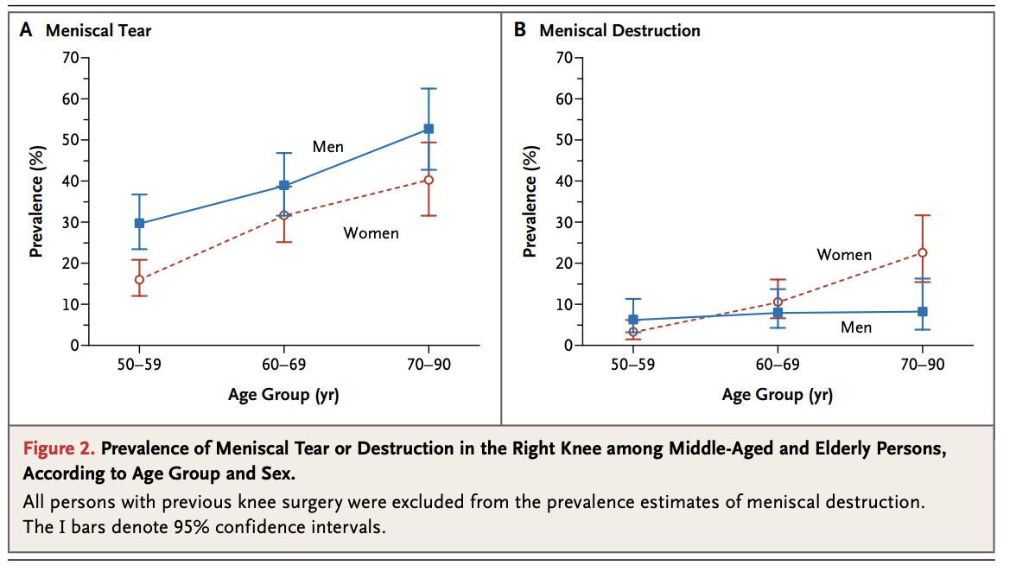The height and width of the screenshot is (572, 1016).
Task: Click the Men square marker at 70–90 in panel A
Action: point(429,129)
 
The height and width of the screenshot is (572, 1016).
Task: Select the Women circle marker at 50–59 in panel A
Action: point(139,279)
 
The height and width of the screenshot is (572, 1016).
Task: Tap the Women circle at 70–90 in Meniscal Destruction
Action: point(923,253)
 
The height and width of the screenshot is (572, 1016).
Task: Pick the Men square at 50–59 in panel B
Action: point(633,320)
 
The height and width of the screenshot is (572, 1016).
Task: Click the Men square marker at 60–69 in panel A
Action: point(284,185)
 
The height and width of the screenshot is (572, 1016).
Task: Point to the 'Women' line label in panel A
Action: point(371,233)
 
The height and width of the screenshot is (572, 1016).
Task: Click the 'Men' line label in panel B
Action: point(856,327)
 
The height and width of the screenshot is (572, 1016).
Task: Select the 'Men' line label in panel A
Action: point(328,147)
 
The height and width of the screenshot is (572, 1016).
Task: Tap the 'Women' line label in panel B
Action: point(844,255)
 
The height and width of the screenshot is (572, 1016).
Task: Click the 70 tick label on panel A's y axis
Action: point(69,58)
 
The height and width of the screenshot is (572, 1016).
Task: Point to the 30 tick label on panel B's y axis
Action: point(563,222)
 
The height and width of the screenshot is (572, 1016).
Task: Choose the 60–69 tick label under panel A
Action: point(284,365)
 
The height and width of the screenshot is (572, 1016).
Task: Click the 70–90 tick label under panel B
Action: point(923,365)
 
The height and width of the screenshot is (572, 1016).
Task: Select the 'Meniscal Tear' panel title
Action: point(98,31)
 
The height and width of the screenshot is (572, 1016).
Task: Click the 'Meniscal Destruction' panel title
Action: point(619,31)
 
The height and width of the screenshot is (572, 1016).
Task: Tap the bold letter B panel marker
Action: point(520,30)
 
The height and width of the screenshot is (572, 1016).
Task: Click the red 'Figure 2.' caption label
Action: point(60,449)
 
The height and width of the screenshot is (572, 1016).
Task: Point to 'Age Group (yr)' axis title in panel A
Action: point(283,396)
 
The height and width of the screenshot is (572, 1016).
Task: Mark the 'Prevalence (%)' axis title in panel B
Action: point(530,202)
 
